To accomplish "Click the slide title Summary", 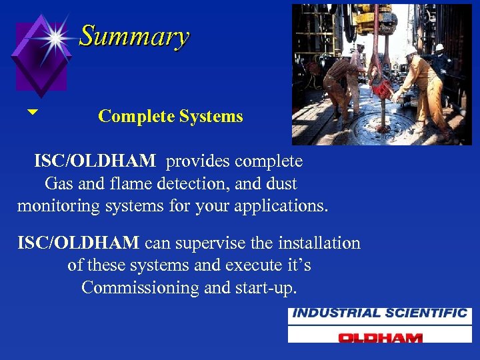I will pos(134,36).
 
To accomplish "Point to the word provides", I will pos(199,161).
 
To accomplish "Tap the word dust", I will pos(281,183).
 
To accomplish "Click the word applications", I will pos(283,206).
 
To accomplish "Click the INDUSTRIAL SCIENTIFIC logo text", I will pos(379,313).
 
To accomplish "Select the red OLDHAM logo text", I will pos(379,337).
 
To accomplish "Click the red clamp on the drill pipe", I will pos(381,87).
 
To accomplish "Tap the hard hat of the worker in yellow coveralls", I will pos(411,49).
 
